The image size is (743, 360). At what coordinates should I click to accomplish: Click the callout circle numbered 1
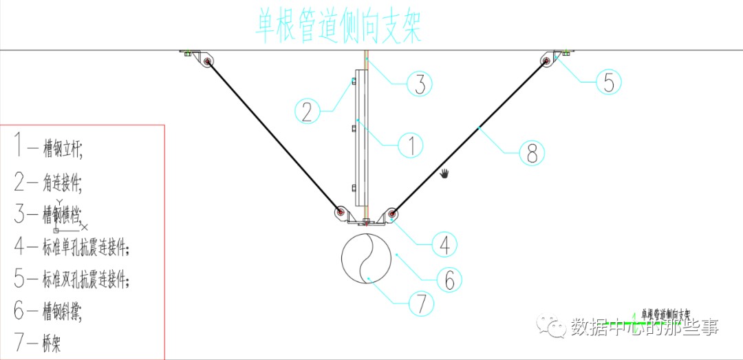(411, 146)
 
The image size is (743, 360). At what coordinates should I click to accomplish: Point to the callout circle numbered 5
(609, 82)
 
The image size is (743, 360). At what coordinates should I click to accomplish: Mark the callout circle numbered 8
(531, 152)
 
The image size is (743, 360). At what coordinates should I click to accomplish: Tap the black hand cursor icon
(445, 172)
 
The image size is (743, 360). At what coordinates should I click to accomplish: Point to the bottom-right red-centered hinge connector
(391, 213)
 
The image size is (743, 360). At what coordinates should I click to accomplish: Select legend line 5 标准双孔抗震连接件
(72, 279)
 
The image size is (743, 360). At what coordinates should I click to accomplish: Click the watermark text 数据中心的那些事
(644, 327)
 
